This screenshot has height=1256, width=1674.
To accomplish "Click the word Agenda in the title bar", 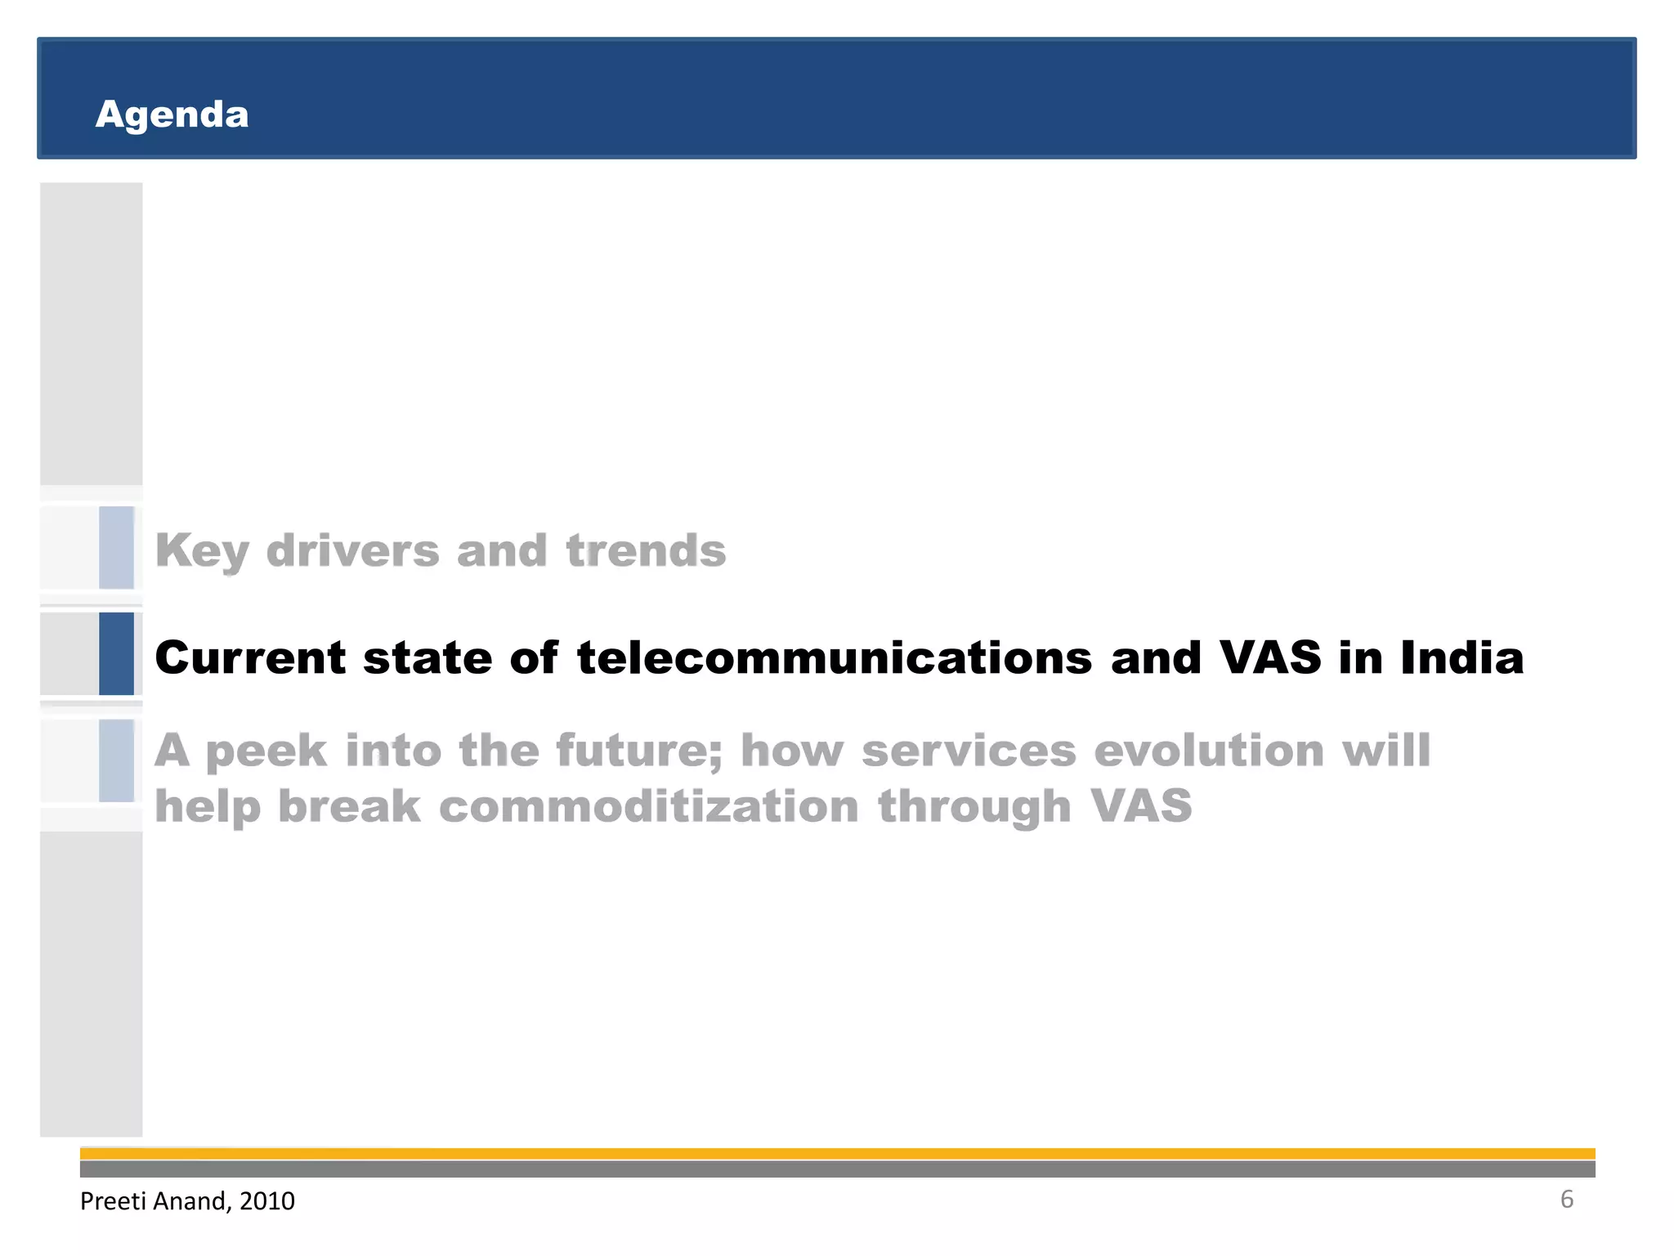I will click(x=172, y=114).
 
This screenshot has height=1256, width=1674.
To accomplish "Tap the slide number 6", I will click(x=1566, y=1199).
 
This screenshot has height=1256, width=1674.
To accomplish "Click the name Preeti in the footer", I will click(x=113, y=1200).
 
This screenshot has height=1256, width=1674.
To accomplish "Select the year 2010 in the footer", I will click(x=267, y=1200).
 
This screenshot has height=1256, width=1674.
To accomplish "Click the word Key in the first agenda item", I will click(x=201, y=550).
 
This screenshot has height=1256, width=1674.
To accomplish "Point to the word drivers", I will click(x=352, y=550).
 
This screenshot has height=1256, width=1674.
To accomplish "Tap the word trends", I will click(x=646, y=550).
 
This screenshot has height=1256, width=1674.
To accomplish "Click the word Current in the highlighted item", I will click(x=250, y=657).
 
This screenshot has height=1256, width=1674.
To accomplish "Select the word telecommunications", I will click(x=834, y=657).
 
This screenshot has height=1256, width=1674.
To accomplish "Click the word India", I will click(x=1461, y=657).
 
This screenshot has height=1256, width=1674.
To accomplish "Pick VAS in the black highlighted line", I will click(x=1269, y=657).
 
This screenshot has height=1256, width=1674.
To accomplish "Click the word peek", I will click(x=266, y=751).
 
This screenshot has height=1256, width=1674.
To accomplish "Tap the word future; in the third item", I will click(x=639, y=751).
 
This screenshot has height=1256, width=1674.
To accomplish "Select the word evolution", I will click(x=1209, y=751).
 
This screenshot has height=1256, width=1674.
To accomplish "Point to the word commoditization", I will click(x=649, y=806).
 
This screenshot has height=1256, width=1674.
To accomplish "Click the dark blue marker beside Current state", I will click(x=116, y=653).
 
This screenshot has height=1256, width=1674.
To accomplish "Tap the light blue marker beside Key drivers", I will click(x=116, y=547).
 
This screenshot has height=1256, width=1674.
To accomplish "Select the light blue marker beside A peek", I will click(x=116, y=760).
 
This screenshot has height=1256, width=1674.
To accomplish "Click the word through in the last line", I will click(x=974, y=806).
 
